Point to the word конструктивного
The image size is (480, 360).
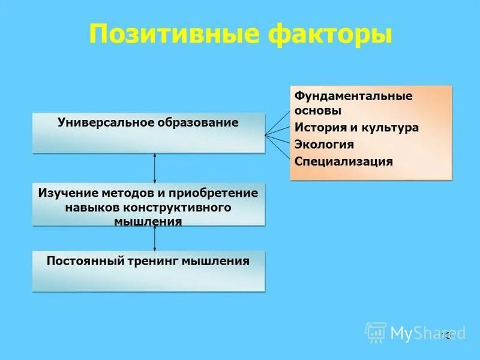[x=178, y=207]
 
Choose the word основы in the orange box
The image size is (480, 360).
[x=318, y=110]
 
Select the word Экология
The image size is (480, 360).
[x=324, y=145]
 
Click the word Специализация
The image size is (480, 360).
[x=344, y=161]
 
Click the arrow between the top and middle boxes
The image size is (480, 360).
[x=155, y=168]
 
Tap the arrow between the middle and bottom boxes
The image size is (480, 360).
[x=155, y=238]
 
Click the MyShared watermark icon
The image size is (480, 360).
[x=376, y=332]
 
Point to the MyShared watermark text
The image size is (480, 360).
[x=427, y=333]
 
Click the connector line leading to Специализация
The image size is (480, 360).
[x=278, y=148]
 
